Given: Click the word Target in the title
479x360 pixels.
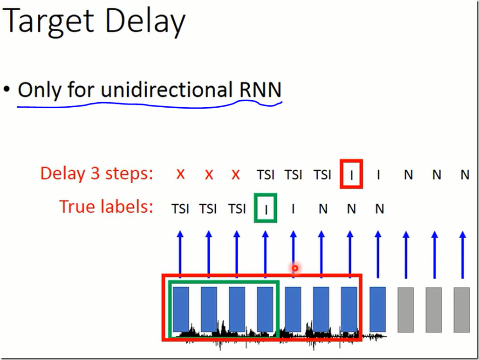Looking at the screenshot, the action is [48, 21].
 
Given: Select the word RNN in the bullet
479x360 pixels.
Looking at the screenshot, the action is [260, 90].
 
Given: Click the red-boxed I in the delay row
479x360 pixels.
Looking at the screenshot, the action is [351, 174].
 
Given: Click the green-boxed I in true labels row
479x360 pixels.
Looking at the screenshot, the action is [266, 208].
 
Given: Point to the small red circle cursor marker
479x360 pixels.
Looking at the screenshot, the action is [295, 268].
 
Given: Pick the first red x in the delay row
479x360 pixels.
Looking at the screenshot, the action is [180, 174].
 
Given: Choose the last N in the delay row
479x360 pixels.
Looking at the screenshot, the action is [465, 175].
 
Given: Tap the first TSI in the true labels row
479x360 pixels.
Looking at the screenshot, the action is [180, 209].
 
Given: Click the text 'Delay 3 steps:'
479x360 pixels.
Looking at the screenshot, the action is [96, 173].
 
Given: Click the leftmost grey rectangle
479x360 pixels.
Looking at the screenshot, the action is [406, 310].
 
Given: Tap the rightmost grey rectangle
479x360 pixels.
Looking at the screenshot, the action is [462, 310].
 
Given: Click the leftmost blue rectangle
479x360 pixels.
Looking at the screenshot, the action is [181, 309].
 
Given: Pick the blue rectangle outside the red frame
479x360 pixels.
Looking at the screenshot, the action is [377, 309].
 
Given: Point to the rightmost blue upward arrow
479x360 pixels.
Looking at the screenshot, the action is [463, 255].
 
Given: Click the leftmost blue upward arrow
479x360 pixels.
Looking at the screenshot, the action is [180, 254].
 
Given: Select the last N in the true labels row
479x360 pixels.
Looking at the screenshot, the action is [379, 209].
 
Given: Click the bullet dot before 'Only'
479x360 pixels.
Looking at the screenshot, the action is [7, 90].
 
